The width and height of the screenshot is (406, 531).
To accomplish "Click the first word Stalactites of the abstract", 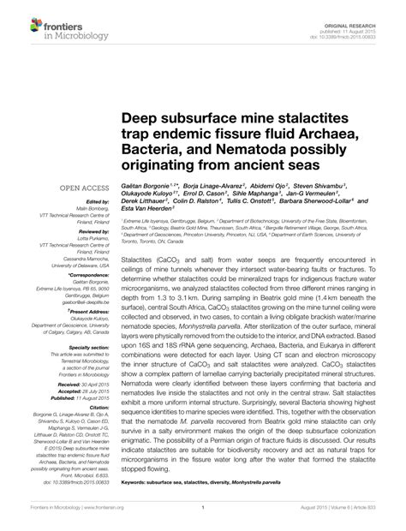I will (138, 256).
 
